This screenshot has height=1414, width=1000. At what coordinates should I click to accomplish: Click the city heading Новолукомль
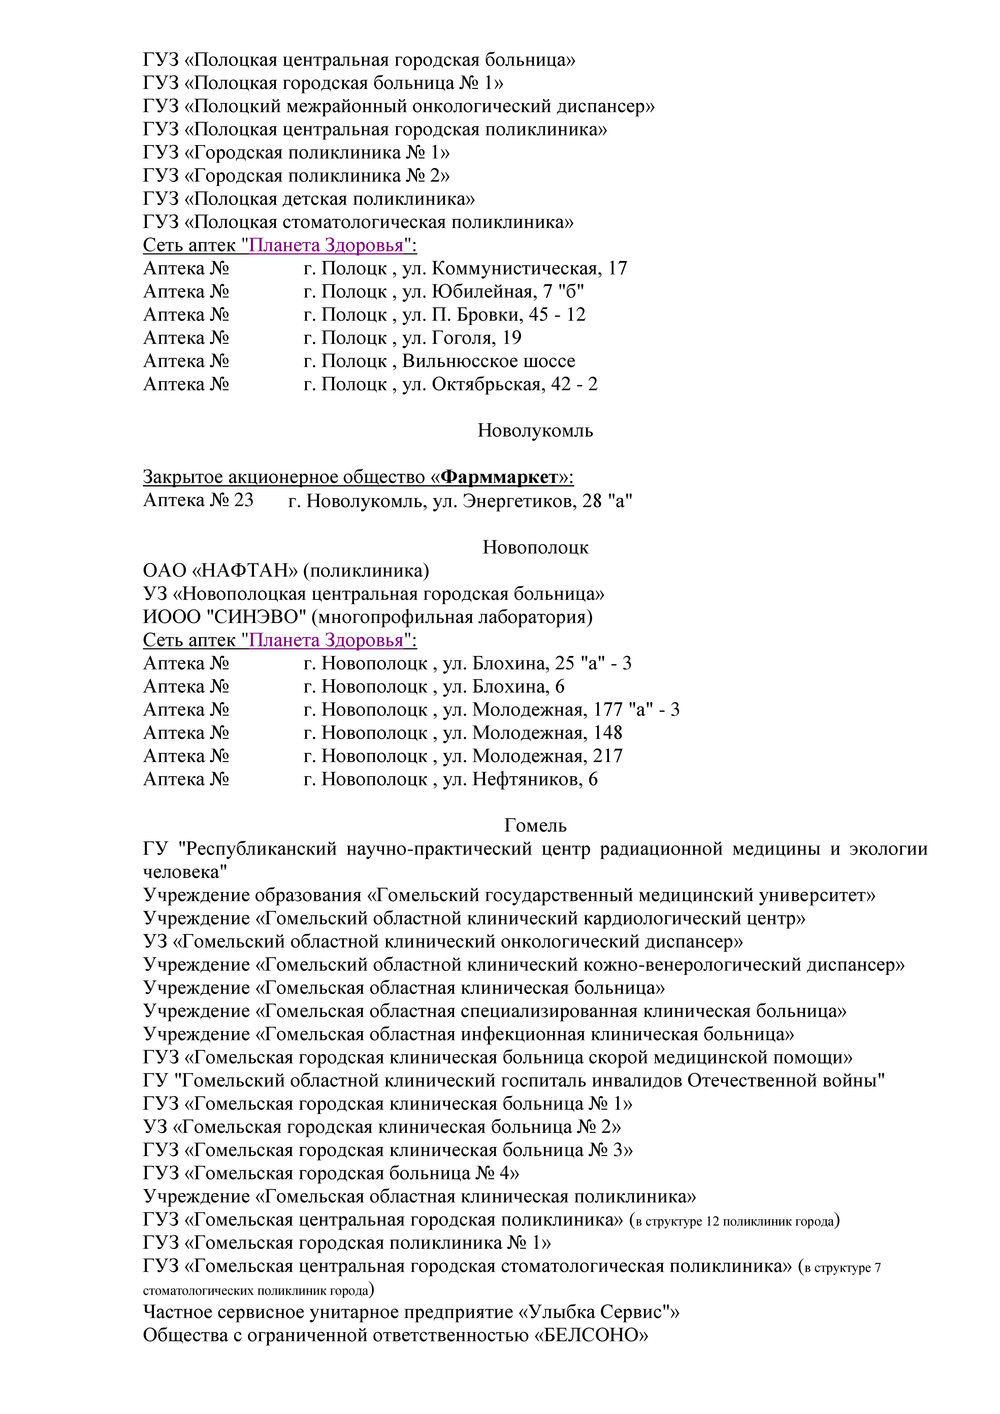535,431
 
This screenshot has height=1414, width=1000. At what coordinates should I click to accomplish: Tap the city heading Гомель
535,825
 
